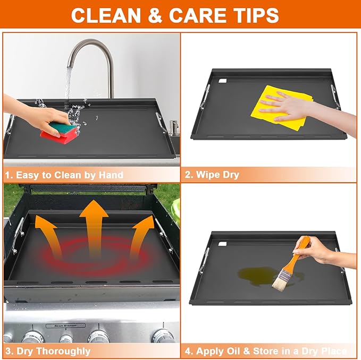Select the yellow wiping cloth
(281, 108)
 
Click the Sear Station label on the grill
(65, 325)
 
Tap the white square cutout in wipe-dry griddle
(223, 81)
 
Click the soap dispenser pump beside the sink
(173, 127)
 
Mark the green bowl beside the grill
(176, 209)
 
